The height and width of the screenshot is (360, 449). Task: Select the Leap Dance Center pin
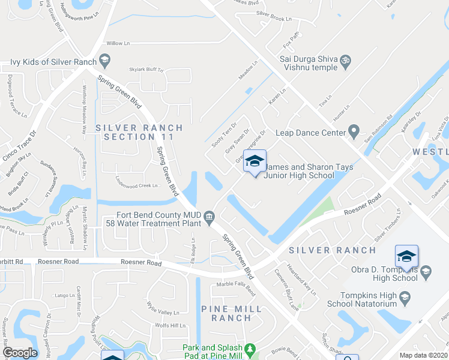point(354,130)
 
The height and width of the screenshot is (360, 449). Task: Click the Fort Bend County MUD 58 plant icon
point(209,216)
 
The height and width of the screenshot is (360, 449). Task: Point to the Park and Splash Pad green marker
point(251,348)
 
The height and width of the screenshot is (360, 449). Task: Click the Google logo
point(20,353)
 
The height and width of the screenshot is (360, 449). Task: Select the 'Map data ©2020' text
point(424,355)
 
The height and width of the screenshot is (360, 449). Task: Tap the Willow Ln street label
point(118,43)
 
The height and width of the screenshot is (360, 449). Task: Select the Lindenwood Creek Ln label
point(137,186)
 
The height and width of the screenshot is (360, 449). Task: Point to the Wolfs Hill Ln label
point(170,325)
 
